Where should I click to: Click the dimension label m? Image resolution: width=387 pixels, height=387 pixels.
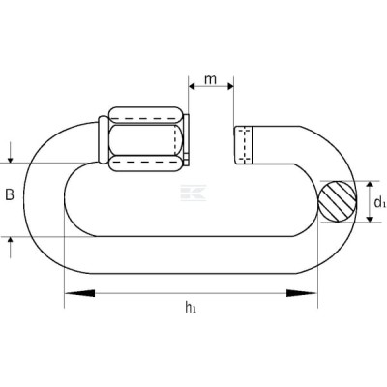tap(210, 79)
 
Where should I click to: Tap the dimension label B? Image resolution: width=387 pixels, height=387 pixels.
tap(10, 194)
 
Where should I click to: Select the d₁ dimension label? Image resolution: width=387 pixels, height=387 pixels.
tap(379, 202)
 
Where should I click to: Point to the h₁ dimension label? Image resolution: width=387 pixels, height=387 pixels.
tap(191, 307)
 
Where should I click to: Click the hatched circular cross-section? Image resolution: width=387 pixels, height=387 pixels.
tap(338, 201)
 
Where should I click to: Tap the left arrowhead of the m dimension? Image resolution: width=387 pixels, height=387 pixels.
tap(193, 86)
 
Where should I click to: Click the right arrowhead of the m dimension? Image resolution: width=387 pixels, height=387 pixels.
tap(230, 86)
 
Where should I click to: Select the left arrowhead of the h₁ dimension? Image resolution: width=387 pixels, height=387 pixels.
tap(79, 293)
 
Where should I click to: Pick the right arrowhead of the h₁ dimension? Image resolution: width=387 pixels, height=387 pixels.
tap(302, 293)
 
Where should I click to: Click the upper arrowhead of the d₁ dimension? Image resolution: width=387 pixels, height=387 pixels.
tap(370, 185)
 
